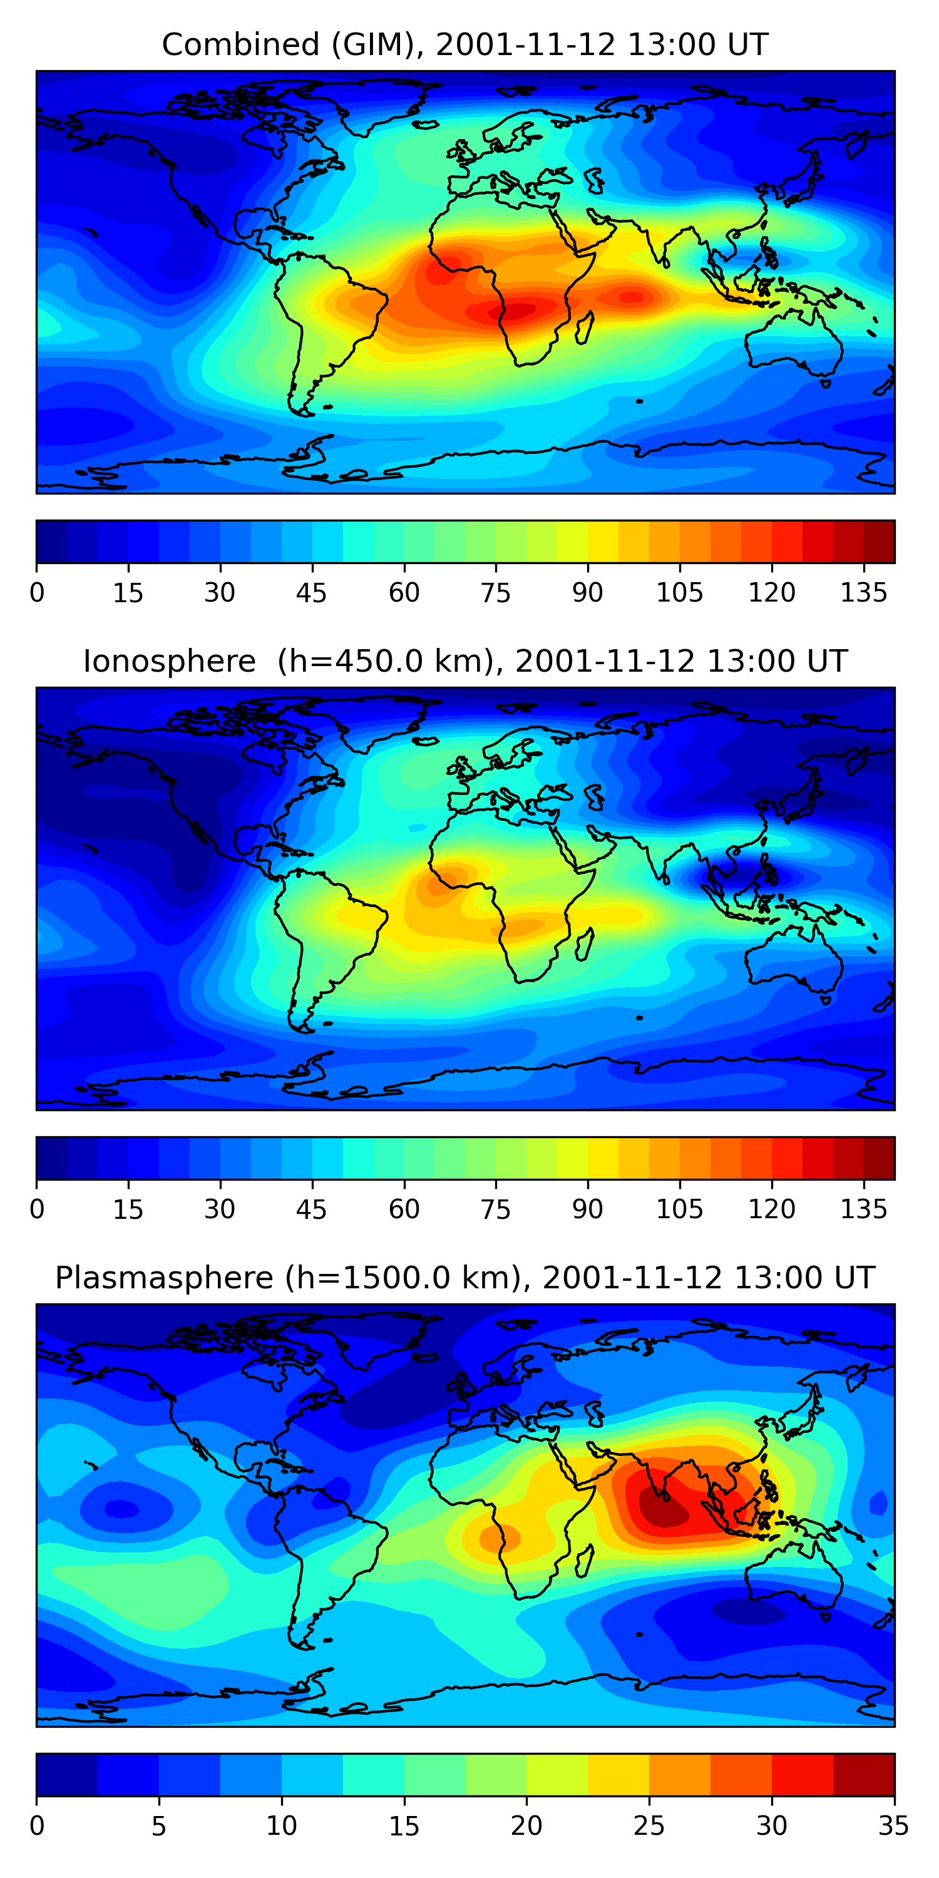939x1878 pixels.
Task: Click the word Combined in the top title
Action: click(x=240, y=45)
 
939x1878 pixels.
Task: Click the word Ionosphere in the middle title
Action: click(x=169, y=662)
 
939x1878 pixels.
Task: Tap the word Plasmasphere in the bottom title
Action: click(x=164, y=1278)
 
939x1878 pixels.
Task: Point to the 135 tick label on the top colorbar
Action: click(x=863, y=593)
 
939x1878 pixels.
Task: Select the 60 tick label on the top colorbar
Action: click(x=404, y=593)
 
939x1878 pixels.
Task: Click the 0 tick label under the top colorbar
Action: click(x=37, y=593)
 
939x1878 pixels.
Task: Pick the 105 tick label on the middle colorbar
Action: click(x=679, y=1209)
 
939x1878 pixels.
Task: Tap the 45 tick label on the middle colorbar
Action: click(x=312, y=1209)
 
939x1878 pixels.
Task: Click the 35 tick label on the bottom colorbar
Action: click(x=893, y=1825)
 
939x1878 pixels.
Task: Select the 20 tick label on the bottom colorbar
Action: click(x=526, y=1825)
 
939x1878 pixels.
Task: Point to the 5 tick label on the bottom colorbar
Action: click(x=159, y=1825)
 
